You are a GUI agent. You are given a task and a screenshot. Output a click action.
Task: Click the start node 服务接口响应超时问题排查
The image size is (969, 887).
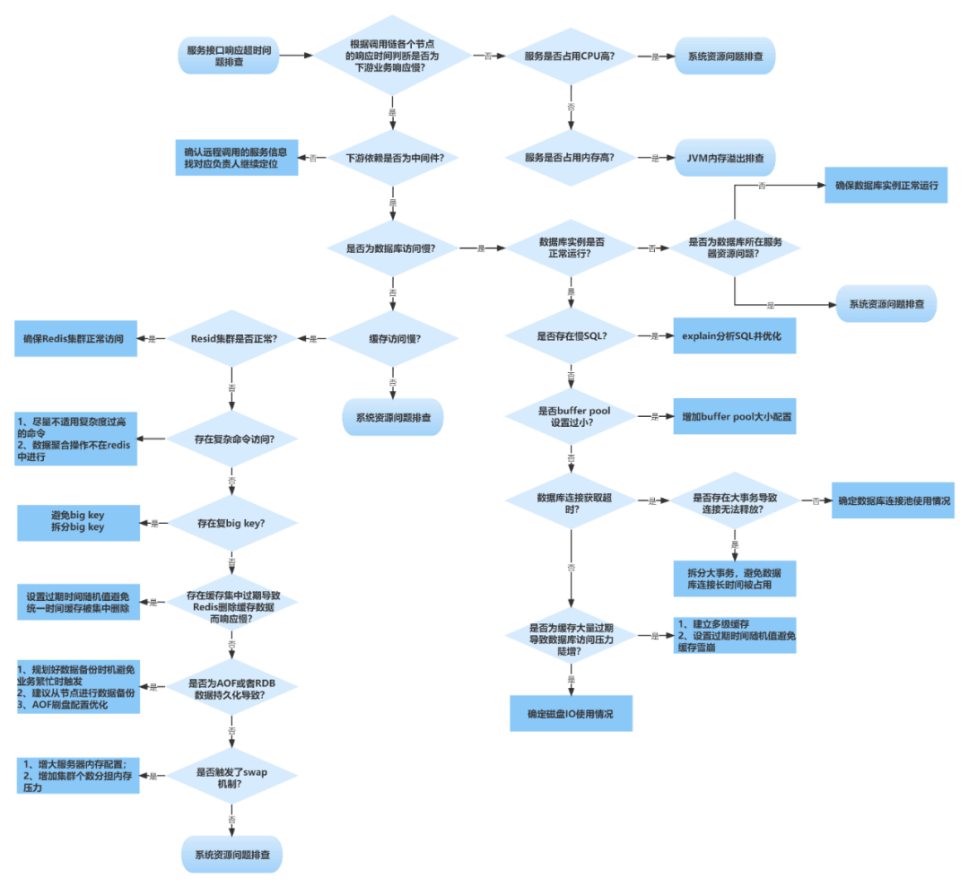[229, 56]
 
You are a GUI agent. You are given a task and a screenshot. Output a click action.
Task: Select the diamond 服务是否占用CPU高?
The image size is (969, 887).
[571, 57]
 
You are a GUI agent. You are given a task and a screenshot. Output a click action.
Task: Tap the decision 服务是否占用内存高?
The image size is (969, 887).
[571, 158]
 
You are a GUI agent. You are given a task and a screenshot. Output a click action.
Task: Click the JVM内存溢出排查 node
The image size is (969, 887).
[725, 158]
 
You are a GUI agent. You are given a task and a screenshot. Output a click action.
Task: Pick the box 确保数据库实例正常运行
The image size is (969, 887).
[886, 186]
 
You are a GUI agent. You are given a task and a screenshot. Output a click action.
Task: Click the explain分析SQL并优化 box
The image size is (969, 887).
[735, 336]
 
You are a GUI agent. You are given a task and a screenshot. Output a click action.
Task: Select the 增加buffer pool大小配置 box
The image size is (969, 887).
[735, 416]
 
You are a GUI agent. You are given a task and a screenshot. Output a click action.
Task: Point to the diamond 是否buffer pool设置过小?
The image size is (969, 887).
[571, 416]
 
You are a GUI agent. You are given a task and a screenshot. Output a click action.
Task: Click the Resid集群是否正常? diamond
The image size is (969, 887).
[231, 338]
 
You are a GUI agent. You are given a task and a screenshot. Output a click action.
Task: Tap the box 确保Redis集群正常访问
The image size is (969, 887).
[75, 338]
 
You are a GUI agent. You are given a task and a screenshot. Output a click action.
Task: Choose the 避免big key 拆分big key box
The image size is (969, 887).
[78, 523]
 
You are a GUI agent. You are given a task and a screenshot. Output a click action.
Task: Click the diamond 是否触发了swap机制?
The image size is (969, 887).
[231, 776]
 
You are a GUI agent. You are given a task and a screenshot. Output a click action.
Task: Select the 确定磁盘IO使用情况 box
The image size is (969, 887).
[571, 713]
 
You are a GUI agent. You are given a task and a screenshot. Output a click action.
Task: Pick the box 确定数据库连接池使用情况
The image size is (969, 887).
[893, 500]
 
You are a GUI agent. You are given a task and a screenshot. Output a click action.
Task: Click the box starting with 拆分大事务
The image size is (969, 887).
[735, 578]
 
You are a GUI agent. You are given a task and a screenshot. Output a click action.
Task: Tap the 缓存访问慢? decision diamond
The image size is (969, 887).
[393, 338]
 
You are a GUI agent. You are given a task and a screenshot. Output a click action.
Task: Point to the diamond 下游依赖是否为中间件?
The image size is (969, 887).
[393, 158]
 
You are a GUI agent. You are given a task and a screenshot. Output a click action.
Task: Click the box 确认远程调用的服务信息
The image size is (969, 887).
[237, 158]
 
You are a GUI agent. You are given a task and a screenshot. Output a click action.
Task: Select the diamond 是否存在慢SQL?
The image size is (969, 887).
[571, 336]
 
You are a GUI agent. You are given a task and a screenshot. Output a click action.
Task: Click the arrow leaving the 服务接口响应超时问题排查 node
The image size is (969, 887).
[296, 56]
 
